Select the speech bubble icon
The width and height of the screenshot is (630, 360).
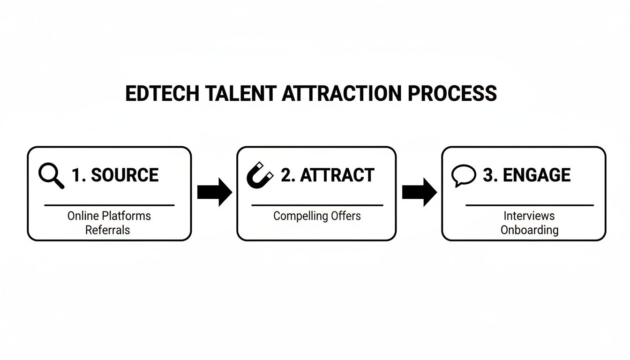pyautogui.click(x=463, y=176)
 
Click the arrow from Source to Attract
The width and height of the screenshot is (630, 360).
pyautogui.click(x=214, y=192)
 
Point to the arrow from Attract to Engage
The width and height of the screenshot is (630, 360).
pyautogui.click(x=419, y=192)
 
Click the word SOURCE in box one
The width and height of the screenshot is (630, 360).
pyautogui.click(x=124, y=175)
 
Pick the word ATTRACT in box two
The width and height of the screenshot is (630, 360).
pyautogui.click(x=337, y=175)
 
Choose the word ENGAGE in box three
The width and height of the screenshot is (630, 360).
pyautogui.click(x=536, y=175)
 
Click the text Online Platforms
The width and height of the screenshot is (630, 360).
pyautogui.click(x=109, y=216)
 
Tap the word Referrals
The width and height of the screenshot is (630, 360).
pyautogui.click(x=107, y=230)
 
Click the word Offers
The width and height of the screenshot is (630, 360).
pyautogui.click(x=345, y=216)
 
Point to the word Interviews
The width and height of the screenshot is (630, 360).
pyautogui.click(x=529, y=216)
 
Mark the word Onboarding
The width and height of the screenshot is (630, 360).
pyautogui.click(x=529, y=230)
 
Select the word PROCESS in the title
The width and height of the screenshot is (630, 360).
pyautogui.click(x=452, y=94)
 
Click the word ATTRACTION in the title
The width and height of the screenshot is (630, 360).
pyautogui.click(x=342, y=94)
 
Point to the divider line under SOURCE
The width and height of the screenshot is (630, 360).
pyautogui.click(x=109, y=205)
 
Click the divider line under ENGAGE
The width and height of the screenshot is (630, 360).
pyautogui.click(x=529, y=205)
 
